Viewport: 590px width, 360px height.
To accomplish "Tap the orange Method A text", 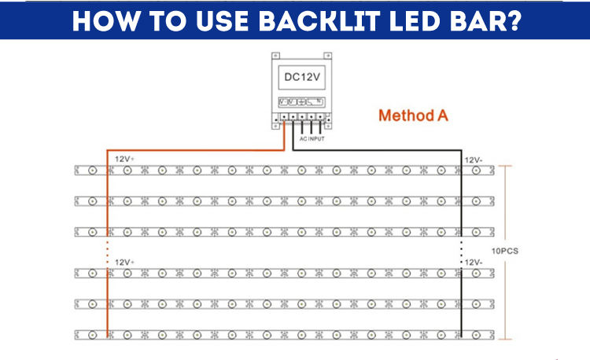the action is (413, 116).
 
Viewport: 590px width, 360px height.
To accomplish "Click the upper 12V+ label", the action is (125, 159).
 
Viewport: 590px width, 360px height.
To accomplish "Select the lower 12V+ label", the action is (125, 262).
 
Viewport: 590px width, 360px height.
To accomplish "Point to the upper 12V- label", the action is (474, 160).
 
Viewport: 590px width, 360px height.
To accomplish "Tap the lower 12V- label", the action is (474, 262).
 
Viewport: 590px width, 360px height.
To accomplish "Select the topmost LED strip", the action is (283, 170).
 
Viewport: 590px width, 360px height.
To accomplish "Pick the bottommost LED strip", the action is (283, 334).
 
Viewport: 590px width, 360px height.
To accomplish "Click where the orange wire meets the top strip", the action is (107, 170).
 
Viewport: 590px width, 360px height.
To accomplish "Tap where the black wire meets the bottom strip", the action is (462, 334).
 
